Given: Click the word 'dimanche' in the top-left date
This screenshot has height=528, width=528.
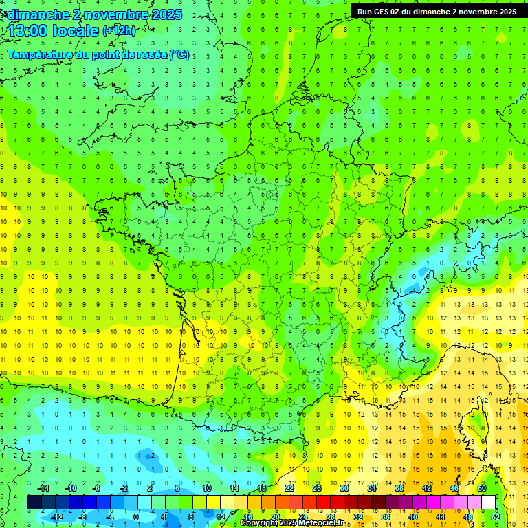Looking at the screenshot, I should click(x=36, y=14).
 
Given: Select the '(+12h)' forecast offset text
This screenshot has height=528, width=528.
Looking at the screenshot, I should click(x=119, y=31).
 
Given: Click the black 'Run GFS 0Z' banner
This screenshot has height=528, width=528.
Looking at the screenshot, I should click(x=437, y=11).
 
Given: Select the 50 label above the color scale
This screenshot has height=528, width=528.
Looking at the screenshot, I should click(x=482, y=488).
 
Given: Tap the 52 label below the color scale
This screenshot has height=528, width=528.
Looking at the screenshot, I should click(x=496, y=517).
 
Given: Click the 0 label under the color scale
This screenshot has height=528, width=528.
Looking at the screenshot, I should click(x=137, y=517).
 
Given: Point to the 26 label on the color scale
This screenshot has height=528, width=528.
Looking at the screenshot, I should click(x=317, y=488).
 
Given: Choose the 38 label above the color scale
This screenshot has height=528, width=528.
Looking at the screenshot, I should click(x=399, y=488).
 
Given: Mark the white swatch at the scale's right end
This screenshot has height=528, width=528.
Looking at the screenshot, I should click(x=488, y=503).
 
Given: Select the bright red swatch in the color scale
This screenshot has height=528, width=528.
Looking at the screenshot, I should click(x=323, y=503).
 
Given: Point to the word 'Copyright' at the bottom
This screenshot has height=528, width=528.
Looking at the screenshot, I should click(x=260, y=523).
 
